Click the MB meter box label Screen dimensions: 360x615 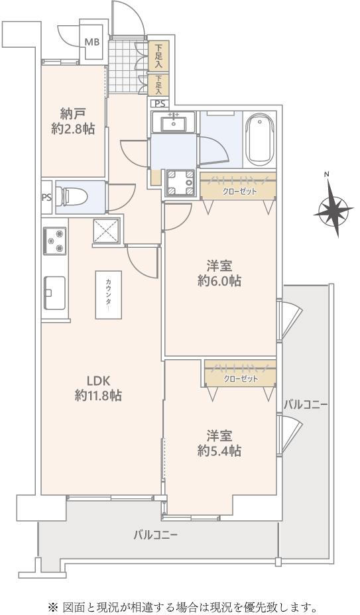click(93, 42)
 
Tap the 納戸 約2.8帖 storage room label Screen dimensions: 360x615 click(73, 121)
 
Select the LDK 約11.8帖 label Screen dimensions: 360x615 click(98, 388)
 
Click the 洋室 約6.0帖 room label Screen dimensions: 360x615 click(219, 274)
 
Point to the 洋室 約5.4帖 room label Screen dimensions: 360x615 click(219, 443)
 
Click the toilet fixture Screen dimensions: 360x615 click(68, 197)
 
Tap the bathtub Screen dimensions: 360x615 click(259, 140)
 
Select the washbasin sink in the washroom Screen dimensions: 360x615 click(173, 122)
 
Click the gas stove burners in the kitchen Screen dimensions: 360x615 click(54, 241)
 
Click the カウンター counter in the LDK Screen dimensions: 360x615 click(108, 294)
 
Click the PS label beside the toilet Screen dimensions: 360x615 click(46, 197)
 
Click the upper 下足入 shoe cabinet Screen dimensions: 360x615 click(158, 56)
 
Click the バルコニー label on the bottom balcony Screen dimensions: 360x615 click(155, 534)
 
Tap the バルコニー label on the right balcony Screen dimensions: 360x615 click(306, 405)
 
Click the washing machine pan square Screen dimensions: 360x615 click(180, 182)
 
